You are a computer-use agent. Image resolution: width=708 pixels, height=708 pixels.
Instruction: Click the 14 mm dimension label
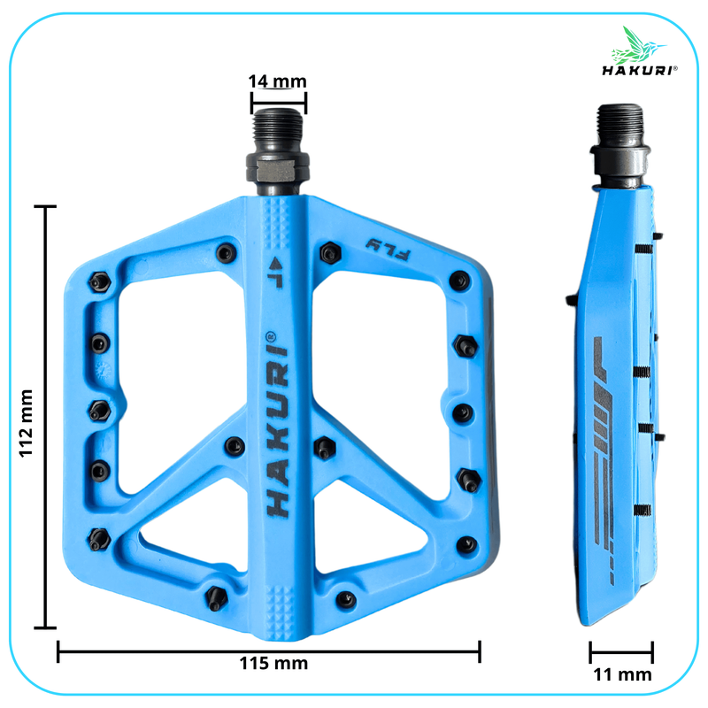click(x=277, y=81)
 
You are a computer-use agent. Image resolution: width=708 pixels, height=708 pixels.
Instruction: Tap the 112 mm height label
click(x=27, y=423)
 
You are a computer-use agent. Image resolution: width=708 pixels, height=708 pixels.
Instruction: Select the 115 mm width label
click(x=273, y=663)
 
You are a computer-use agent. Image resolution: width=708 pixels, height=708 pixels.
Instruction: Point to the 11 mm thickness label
click(x=622, y=674)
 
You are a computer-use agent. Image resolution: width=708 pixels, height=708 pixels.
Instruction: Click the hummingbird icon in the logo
click(x=636, y=45)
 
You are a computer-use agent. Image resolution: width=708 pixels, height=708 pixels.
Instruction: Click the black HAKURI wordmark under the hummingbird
click(x=639, y=70)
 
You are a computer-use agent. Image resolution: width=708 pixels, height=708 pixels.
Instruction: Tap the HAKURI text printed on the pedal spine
click(x=277, y=425)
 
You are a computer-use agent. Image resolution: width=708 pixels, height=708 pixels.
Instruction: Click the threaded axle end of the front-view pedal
click(x=278, y=129)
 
